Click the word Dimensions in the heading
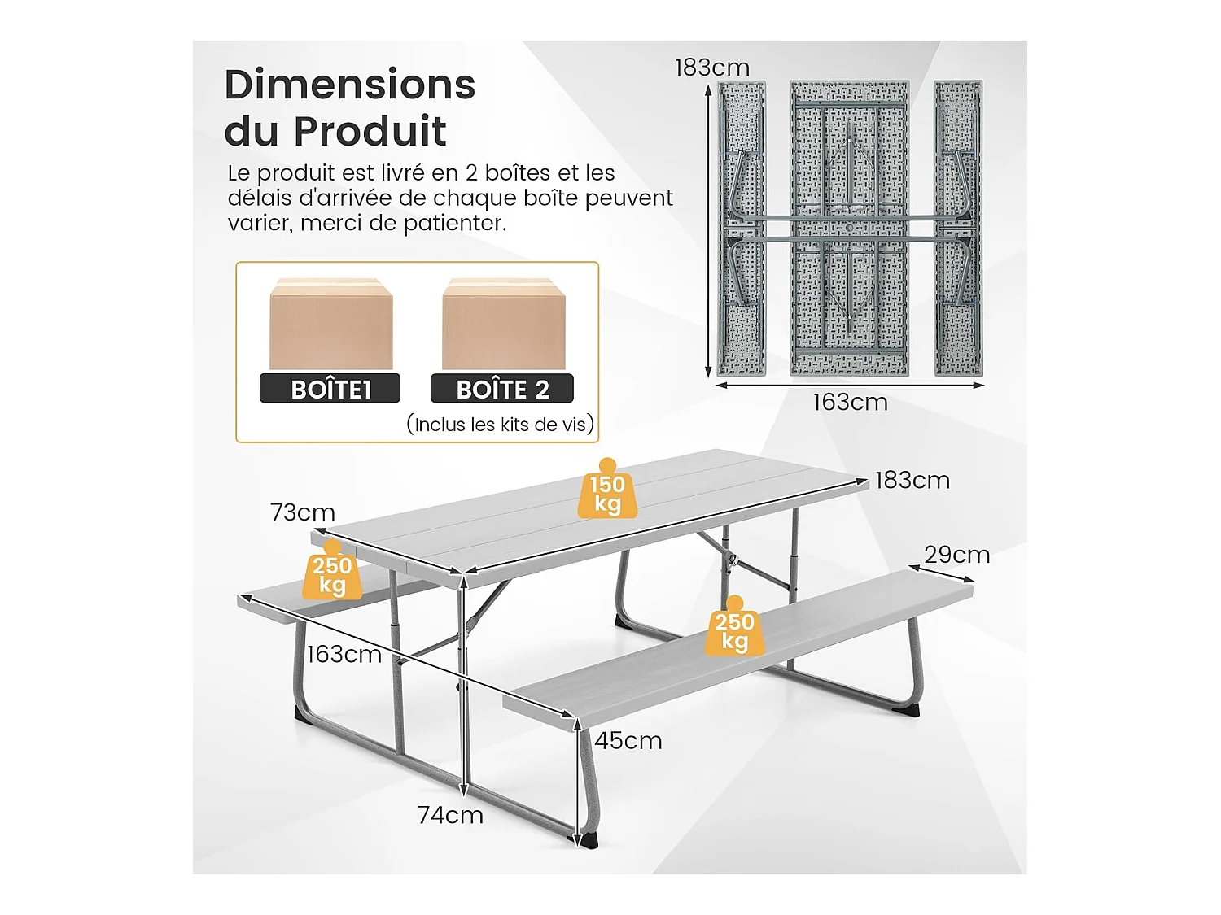350,85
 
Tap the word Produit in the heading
370,131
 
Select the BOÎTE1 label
330,389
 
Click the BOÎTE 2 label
502,389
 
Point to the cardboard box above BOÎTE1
330,324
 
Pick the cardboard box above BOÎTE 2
503,324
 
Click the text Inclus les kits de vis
500,424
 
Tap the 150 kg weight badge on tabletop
607,493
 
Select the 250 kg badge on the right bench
734,630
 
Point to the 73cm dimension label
303,512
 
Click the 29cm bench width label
956,555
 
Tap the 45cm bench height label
628,741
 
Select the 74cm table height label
450,815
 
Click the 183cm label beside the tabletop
912,481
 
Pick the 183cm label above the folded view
712,68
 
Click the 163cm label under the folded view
850,402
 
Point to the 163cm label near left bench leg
344,654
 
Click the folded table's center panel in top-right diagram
849,228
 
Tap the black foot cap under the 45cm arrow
588,841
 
